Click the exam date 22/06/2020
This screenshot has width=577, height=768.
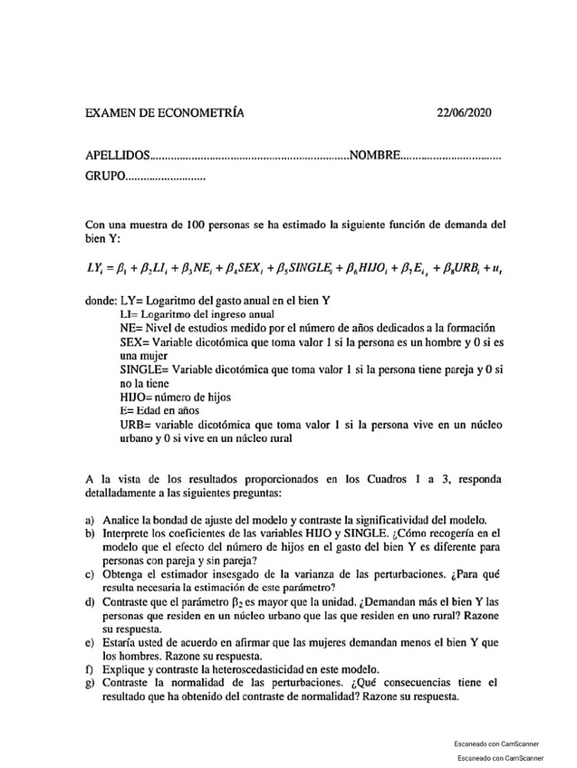(x=463, y=113)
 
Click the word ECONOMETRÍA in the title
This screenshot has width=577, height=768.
(x=201, y=113)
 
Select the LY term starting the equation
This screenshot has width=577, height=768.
(x=93, y=268)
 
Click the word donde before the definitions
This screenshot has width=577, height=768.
(x=100, y=300)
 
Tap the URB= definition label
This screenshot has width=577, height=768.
(x=134, y=425)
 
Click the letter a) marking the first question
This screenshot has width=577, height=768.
(x=91, y=521)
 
